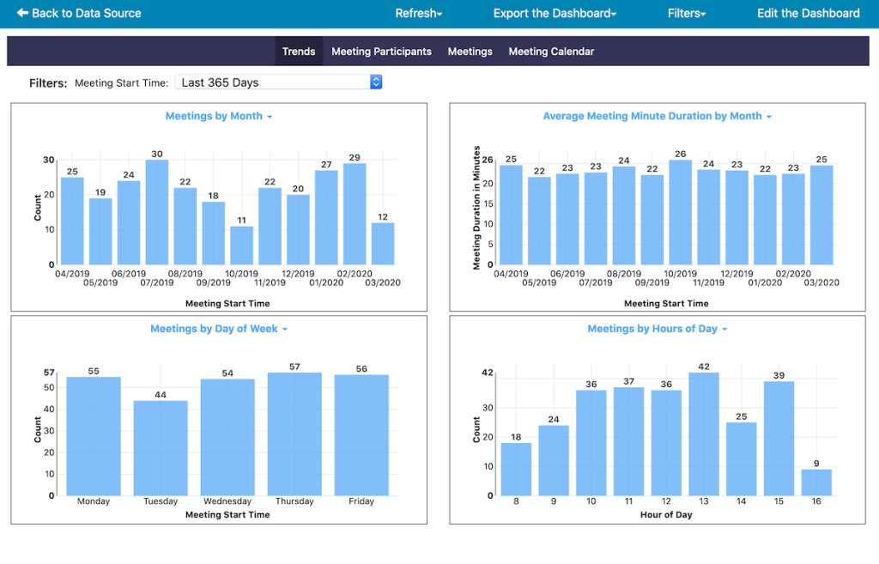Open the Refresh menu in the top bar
click(x=418, y=14)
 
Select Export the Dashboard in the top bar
click(x=555, y=14)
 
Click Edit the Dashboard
click(x=808, y=14)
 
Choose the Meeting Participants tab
click(x=381, y=52)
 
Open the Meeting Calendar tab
click(x=551, y=52)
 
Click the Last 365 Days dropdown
click(x=278, y=82)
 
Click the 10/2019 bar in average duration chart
click(x=680, y=212)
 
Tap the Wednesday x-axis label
click(x=227, y=501)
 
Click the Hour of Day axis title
click(x=666, y=515)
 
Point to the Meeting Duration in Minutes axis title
click(x=477, y=208)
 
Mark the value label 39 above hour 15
click(x=779, y=375)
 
